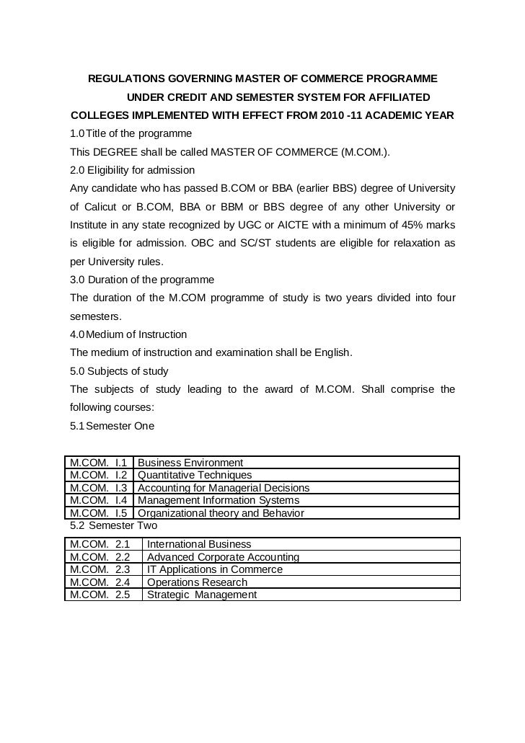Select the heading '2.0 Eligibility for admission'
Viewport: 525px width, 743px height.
pyautogui.click(x=132, y=171)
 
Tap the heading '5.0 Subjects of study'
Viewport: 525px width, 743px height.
pyautogui.click(x=119, y=372)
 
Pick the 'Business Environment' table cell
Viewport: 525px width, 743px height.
pyautogui.click(x=190, y=463)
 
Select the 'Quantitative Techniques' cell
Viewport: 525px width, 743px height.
pyautogui.click(x=195, y=475)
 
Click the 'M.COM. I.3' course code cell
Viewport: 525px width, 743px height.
pyautogui.click(x=99, y=488)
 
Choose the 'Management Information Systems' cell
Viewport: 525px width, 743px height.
pyautogui.click(x=219, y=500)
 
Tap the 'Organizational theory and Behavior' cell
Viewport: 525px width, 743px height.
pyautogui.click(x=221, y=513)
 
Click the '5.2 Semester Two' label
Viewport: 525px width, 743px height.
pyautogui.click(x=113, y=526)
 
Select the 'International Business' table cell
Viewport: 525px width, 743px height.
pyautogui.click(x=199, y=544)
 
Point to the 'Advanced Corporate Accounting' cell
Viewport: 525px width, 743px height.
pyautogui.click(x=223, y=557)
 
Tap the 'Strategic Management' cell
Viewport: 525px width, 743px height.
pyautogui.click(x=202, y=595)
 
